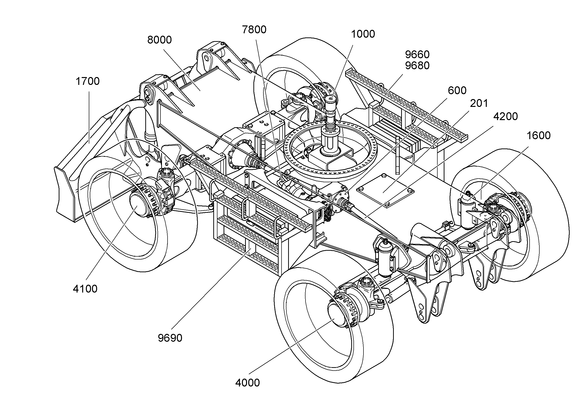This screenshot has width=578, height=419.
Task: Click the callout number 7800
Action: [x=254, y=30]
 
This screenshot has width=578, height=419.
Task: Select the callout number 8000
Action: [x=159, y=40]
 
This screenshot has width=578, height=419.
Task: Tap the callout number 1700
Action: [x=88, y=81]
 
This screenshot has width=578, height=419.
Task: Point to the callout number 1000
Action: [x=363, y=34]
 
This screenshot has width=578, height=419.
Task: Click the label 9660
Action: [x=417, y=55]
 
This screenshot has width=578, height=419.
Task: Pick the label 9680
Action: [x=417, y=66]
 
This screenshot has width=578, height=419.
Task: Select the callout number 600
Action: [x=457, y=91]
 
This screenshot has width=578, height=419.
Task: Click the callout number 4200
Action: [x=506, y=117]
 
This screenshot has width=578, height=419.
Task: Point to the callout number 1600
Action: [x=539, y=136]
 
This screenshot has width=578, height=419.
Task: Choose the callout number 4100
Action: [x=85, y=289]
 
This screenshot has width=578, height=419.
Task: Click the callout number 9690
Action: [x=170, y=338]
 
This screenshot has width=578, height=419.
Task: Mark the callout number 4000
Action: [x=248, y=383]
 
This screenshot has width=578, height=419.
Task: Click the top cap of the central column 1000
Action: [x=331, y=98]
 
